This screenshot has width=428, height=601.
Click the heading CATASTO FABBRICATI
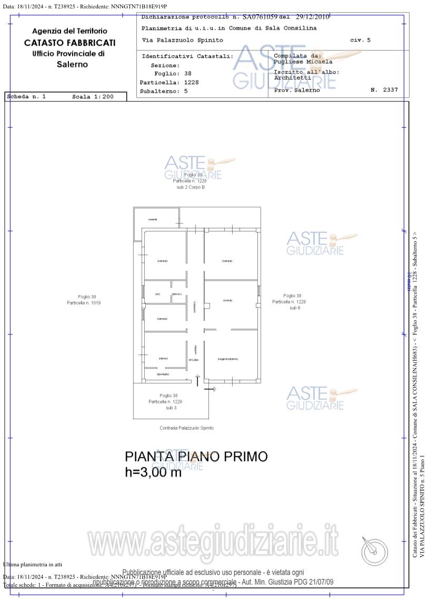[69, 43]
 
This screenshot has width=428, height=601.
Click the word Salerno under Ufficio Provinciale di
[72, 65]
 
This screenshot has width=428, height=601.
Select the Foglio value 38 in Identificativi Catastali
[187, 74]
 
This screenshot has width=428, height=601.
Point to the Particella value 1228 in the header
[191, 83]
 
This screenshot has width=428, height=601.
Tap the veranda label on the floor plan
[153, 219]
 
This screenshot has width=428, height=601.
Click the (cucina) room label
[227, 300]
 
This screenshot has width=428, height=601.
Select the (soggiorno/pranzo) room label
[227, 359]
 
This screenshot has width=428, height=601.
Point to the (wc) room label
[157, 294]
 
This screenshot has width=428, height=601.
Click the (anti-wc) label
[176, 294]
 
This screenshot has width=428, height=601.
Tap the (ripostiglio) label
[163, 374]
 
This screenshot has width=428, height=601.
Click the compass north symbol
[374, 551]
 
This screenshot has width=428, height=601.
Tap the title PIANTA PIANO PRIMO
[196, 456]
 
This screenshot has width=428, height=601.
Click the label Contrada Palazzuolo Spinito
[186, 428]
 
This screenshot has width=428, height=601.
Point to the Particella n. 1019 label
[83, 303]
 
